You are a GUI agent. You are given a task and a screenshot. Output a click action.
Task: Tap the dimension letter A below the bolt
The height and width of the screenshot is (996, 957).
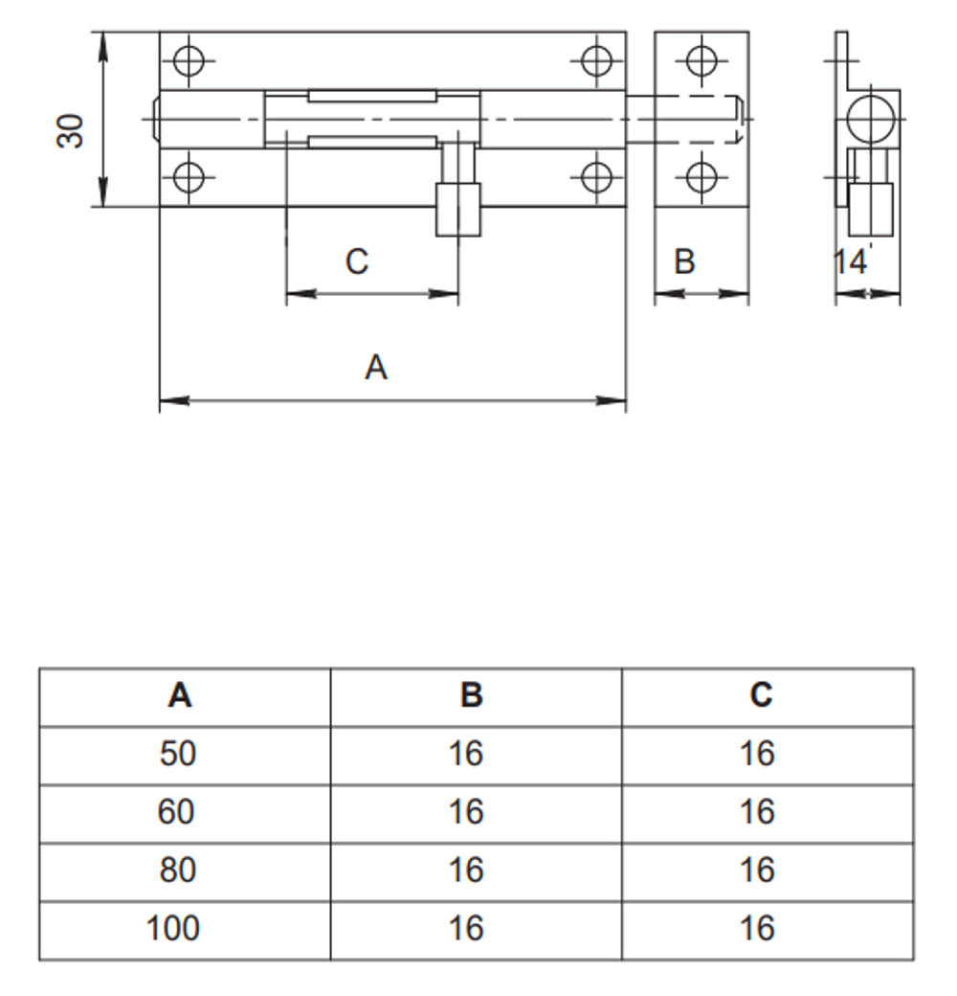[376, 367]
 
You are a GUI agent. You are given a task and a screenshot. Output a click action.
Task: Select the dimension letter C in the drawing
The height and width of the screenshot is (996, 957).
[357, 261]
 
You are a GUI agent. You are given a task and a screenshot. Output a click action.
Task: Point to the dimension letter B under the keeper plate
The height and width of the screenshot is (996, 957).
[684, 261]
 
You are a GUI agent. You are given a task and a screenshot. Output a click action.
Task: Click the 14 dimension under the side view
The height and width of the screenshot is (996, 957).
[850, 261]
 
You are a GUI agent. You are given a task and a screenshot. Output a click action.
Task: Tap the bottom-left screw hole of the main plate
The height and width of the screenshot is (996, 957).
[189, 177]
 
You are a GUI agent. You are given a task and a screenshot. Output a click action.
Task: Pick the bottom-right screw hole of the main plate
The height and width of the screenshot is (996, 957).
[596, 177]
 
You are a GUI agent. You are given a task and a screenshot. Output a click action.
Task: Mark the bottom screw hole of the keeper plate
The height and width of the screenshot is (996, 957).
[701, 177]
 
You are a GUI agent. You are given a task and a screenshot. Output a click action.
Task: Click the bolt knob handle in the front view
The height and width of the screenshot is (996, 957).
[458, 208]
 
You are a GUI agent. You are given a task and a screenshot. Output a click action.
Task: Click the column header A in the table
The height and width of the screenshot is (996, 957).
[179, 696]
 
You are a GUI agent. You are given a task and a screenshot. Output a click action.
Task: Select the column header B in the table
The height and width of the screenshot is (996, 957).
[471, 696]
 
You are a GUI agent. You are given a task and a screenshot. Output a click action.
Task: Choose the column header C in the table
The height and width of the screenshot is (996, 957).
[761, 696]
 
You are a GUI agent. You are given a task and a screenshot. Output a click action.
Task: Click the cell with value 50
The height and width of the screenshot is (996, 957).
[178, 755]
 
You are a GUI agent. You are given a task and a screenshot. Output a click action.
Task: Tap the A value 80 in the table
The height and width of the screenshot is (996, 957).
[178, 871]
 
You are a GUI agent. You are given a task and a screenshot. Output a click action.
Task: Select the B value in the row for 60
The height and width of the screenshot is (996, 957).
[466, 813]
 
